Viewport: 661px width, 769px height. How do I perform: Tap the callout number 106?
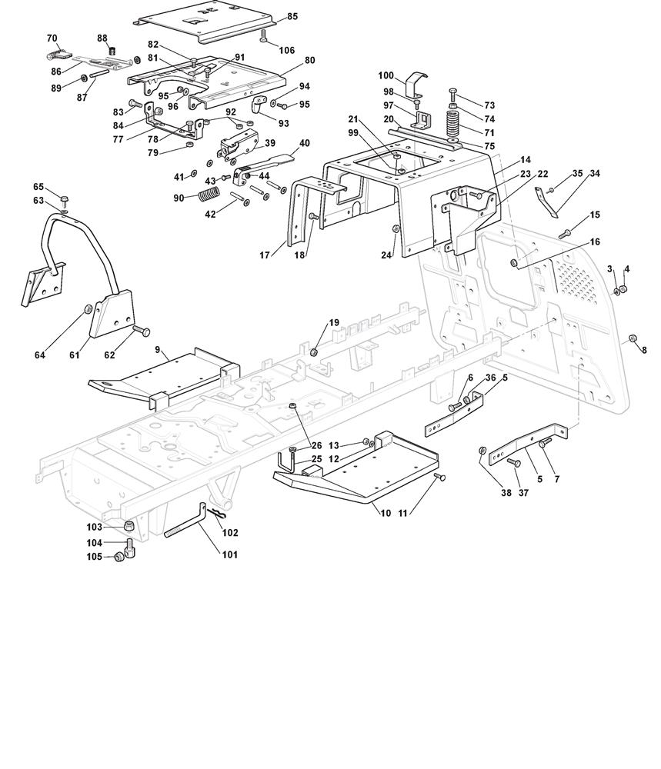286,51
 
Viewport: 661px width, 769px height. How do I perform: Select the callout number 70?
52,38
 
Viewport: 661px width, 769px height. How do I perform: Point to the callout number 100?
386,75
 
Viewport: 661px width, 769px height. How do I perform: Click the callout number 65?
38,187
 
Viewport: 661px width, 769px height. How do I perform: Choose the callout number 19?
334,323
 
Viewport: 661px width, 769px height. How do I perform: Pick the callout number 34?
594,175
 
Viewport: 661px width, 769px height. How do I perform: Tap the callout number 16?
595,241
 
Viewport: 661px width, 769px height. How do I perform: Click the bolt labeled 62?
141,331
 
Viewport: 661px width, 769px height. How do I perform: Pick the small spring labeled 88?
111,52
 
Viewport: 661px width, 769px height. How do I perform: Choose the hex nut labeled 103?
129,526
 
